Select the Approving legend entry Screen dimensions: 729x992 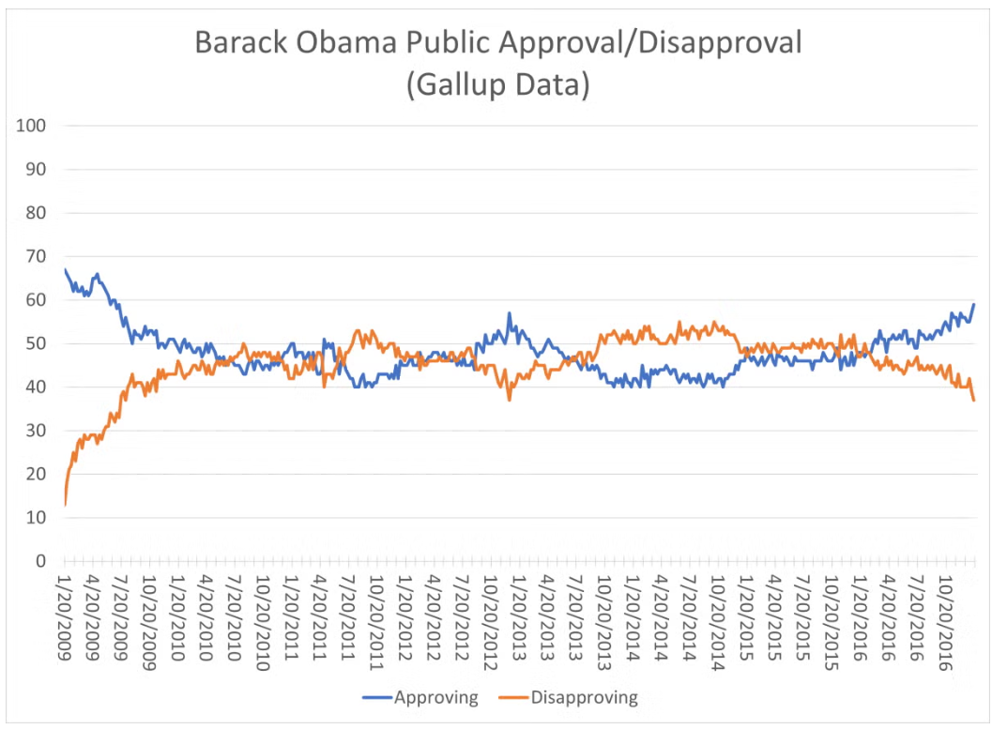tap(435, 697)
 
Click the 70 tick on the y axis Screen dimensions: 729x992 tap(38, 256)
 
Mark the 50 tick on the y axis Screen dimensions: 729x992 tap(38, 343)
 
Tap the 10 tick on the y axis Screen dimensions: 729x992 tap(38, 518)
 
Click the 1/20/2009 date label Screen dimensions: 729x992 tap(65, 620)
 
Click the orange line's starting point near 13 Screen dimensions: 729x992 tap(65, 505)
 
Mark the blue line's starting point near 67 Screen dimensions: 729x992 tap(65, 270)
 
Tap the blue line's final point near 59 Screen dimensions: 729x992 tap(974, 304)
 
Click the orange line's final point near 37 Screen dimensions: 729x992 tap(974, 401)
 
